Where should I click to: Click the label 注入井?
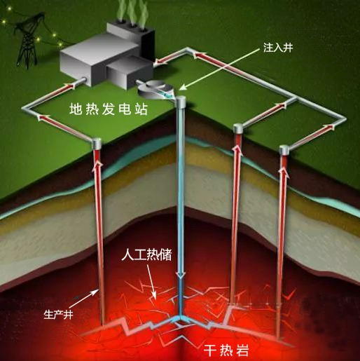[x=278, y=48]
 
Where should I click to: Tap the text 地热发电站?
[x=109, y=109]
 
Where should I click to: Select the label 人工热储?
[x=147, y=255]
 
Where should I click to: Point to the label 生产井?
[x=58, y=315]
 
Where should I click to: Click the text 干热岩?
[x=226, y=350]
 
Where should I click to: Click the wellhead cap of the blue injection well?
[x=181, y=102]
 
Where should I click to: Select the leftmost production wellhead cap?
[x=97, y=143]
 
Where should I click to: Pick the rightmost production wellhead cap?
[x=284, y=150]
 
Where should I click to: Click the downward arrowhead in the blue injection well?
[x=181, y=275]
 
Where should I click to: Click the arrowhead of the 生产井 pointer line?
[x=97, y=291]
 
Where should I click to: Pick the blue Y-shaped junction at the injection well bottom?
[x=181, y=318]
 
